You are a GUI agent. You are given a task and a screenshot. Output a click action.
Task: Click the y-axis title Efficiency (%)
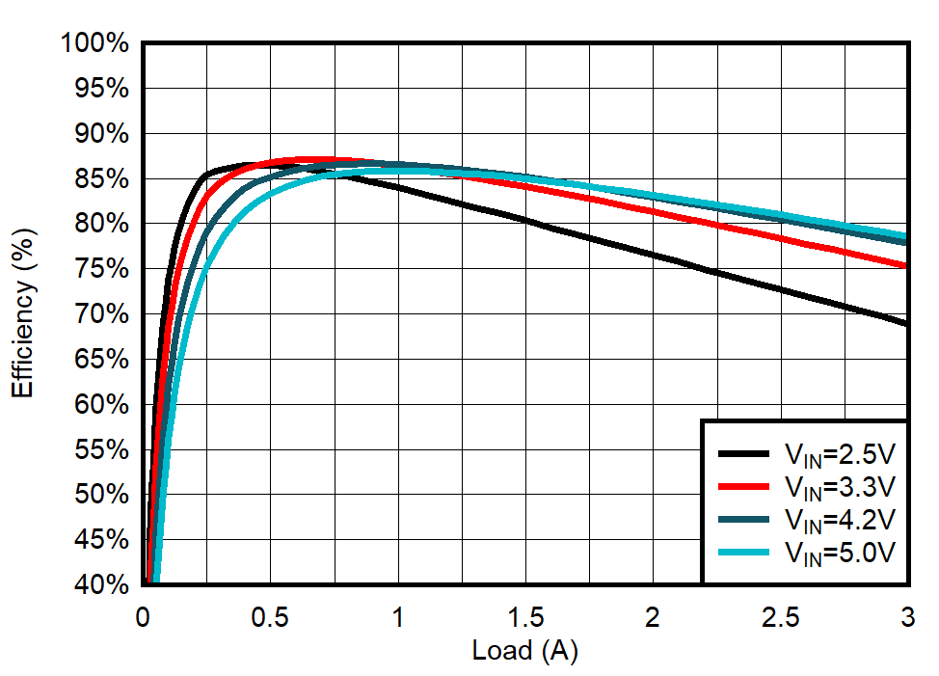(x=23, y=313)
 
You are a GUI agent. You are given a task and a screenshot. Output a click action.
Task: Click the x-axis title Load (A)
(x=524, y=651)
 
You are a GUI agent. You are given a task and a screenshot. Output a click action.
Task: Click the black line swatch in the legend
(x=743, y=452)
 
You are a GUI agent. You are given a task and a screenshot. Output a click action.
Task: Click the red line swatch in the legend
(x=743, y=486)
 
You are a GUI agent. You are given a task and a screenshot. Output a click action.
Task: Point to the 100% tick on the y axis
(x=94, y=43)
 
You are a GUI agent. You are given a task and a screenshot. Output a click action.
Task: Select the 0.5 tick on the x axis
(x=270, y=616)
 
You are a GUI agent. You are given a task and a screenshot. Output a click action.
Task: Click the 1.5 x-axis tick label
(x=524, y=616)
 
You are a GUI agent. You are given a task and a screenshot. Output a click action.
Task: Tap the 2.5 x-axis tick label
(x=780, y=616)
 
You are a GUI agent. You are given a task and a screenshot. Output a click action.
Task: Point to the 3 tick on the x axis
(x=906, y=616)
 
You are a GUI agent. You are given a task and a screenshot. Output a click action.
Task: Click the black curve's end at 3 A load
(x=906, y=323)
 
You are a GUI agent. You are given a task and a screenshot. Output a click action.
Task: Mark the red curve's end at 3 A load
(x=906, y=265)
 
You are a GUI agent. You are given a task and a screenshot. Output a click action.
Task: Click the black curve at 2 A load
(x=653, y=255)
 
